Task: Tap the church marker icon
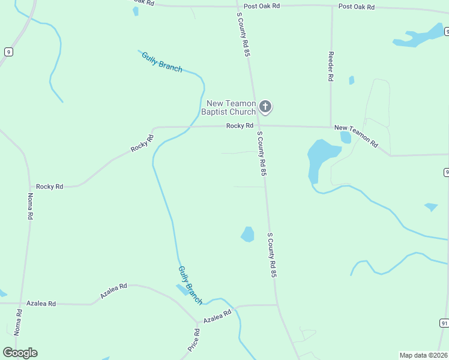click(x=265, y=107)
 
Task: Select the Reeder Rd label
click(x=331, y=65)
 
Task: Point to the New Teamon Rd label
click(x=357, y=136)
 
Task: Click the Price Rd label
click(x=193, y=340)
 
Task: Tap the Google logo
click(x=20, y=353)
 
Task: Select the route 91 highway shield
click(x=444, y=323)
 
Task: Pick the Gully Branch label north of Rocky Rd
click(x=161, y=62)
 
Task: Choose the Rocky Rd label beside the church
click(x=240, y=125)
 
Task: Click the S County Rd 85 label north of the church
click(x=243, y=35)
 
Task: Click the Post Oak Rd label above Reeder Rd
click(x=356, y=7)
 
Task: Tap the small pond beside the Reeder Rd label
click(x=352, y=80)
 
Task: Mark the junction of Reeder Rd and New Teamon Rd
click(x=331, y=127)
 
